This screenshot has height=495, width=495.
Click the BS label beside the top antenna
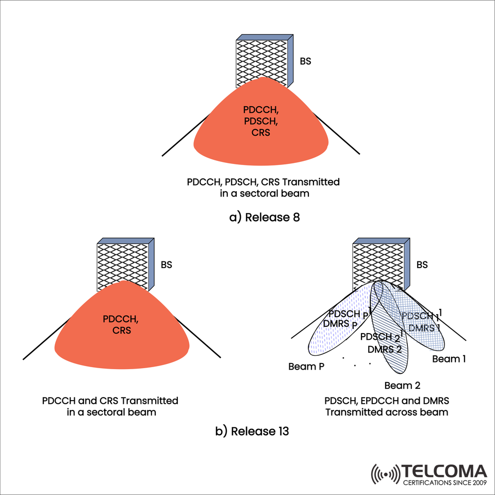306,61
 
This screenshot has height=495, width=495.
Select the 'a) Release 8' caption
265,217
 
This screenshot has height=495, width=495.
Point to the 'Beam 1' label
449,359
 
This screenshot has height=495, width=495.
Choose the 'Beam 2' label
402,385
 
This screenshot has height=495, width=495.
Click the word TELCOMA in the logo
444,471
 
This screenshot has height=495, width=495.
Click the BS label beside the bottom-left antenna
166,265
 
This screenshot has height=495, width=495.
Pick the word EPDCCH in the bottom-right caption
379,401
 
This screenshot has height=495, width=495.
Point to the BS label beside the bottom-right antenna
422,265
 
